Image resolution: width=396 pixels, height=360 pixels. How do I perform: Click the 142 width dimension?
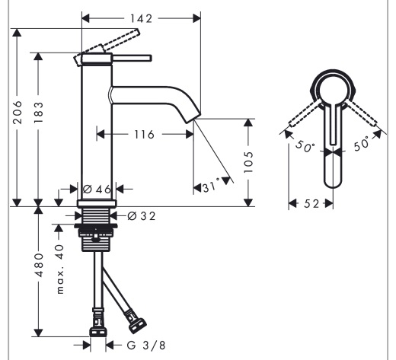point(142,18)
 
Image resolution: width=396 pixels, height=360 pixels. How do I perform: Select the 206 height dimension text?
point(18,112)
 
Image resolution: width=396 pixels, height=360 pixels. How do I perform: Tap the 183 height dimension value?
point(39,113)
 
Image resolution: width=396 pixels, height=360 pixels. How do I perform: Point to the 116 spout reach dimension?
point(144,135)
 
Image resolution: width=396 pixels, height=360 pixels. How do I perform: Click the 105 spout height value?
point(248,162)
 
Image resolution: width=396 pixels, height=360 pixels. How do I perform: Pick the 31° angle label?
point(211,186)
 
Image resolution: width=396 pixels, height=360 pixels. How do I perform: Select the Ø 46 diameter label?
point(97,190)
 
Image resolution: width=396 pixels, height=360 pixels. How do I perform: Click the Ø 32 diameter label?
point(142,216)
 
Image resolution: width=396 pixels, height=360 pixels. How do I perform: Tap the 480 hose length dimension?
point(39,265)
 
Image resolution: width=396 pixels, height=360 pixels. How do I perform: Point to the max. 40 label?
point(60,269)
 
